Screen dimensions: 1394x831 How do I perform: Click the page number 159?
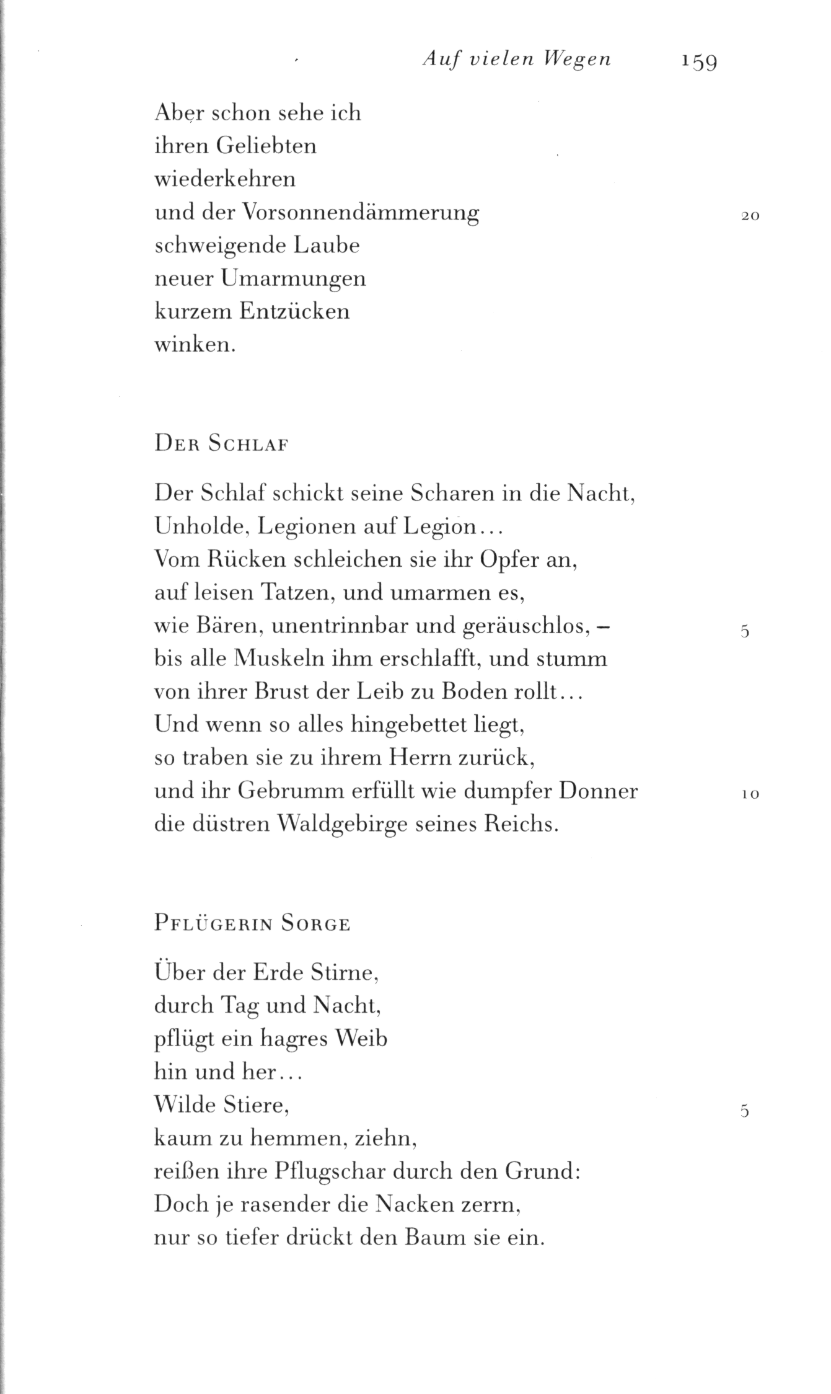pos(698,61)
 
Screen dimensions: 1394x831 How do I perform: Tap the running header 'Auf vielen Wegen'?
pos(516,59)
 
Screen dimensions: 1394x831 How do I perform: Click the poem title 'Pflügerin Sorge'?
pos(252,924)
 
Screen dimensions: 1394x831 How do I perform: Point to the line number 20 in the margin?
pos(750,216)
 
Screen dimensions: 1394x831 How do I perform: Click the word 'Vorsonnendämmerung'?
pos(362,213)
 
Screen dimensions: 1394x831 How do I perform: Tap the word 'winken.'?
pos(195,344)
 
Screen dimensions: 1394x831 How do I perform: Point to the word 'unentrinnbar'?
pos(337,627)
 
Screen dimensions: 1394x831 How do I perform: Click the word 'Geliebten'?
pos(266,146)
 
